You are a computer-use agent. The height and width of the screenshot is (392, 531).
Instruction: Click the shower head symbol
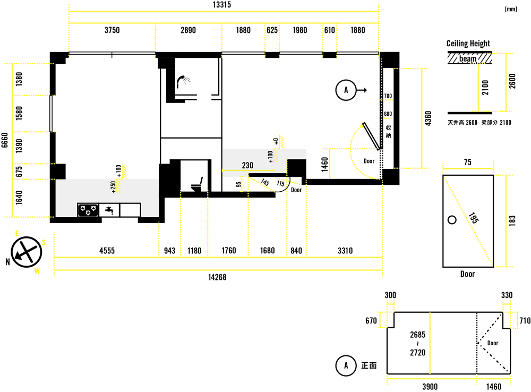point(183,81)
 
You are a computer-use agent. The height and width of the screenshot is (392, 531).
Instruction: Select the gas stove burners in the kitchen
point(88,210)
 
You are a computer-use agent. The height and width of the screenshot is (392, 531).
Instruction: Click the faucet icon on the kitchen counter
point(109,210)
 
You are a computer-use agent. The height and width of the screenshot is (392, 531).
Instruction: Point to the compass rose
point(27,252)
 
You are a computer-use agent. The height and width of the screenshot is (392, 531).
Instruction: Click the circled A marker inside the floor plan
point(346,90)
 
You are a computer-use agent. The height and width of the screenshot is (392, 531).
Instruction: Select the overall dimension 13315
point(222,5)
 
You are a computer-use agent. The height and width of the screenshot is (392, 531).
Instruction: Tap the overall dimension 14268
point(217,277)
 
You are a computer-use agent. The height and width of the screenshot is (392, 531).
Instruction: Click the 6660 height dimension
point(5,140)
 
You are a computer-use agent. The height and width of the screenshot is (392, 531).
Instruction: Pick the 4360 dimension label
point(428,118)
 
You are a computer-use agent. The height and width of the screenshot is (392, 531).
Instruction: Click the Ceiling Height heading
point(468,44)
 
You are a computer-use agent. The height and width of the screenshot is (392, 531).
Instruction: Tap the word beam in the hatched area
point(468,58)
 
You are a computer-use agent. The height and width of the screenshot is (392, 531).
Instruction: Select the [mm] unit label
point(511,9)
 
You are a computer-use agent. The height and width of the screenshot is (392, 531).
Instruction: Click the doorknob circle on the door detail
point(452,220)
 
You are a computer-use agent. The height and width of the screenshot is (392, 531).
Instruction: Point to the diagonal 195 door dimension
point(474,218)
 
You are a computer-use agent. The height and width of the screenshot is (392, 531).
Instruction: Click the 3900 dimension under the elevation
point(430,387)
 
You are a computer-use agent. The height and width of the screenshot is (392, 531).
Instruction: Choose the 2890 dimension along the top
point(188,30)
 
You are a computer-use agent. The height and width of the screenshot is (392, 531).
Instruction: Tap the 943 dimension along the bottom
point(170,251)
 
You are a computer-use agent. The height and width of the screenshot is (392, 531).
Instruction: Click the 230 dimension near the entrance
point(247,165)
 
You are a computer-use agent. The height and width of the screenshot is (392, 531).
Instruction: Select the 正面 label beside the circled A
point(369,365)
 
